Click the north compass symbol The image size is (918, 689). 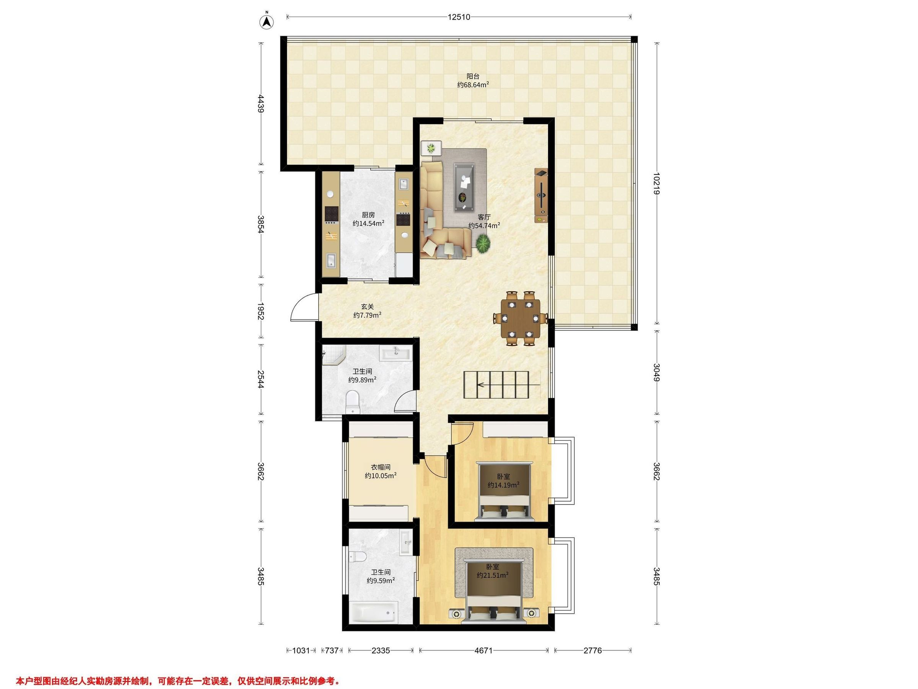(267, 21)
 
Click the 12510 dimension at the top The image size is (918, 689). (459, 17)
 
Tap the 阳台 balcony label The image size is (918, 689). (473, 77)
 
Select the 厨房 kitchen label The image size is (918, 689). (368, 215)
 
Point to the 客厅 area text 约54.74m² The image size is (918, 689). (484, 225)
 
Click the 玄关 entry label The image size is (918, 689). (367, 307)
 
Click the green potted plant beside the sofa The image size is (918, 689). (482, 243)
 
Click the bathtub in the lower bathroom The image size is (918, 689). (374, 614)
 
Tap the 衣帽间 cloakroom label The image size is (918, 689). (381, 467)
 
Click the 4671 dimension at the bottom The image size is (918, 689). (483, 651)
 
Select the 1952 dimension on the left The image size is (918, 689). (260, 311)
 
